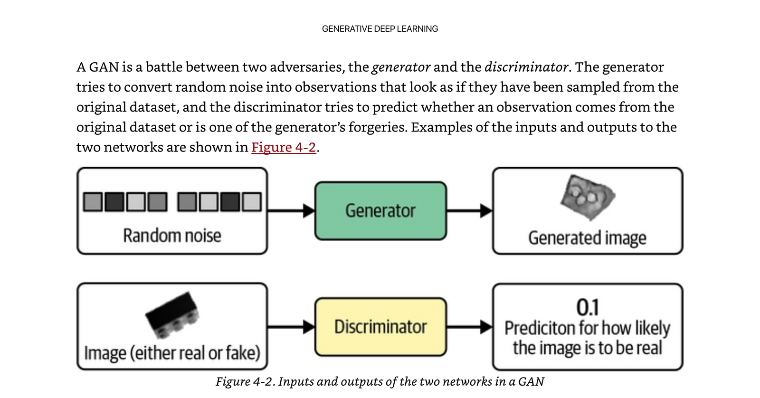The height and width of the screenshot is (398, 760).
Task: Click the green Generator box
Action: click(x=380, y=211)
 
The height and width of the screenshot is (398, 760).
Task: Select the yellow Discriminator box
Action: click(x=380, y=327)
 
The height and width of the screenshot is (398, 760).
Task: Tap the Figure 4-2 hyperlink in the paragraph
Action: click(x=284, y=147)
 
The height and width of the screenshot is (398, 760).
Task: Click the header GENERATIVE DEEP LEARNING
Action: click(x=380, y=29)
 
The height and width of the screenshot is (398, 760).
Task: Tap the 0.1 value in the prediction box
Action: click(x=588, y=308)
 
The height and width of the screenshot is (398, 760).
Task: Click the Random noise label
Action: click(x=172, y=236)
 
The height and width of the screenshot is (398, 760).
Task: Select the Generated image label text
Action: click(x=587, y=238)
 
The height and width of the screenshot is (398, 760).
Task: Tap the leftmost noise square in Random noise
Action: click(x=93, y=202)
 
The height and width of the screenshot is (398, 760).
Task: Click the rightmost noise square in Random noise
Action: click(x=252, y=202)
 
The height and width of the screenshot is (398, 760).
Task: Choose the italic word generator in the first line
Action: click(x=401, y=67)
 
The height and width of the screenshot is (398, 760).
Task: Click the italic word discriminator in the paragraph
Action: click(x=526, y=67)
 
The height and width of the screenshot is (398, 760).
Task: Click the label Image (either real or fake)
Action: click(x=172, y=353)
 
